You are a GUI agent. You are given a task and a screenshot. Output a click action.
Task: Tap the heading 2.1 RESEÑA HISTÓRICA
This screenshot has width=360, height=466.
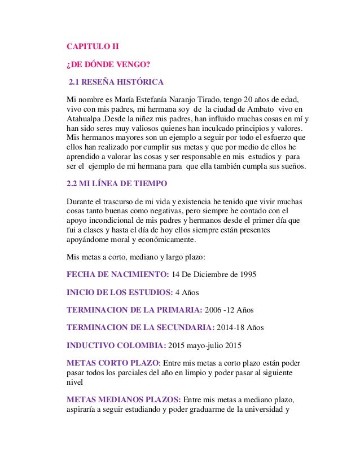tap(116, 83)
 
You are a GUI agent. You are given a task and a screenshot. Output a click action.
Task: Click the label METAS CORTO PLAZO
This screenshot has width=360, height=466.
tap(113, 363)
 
